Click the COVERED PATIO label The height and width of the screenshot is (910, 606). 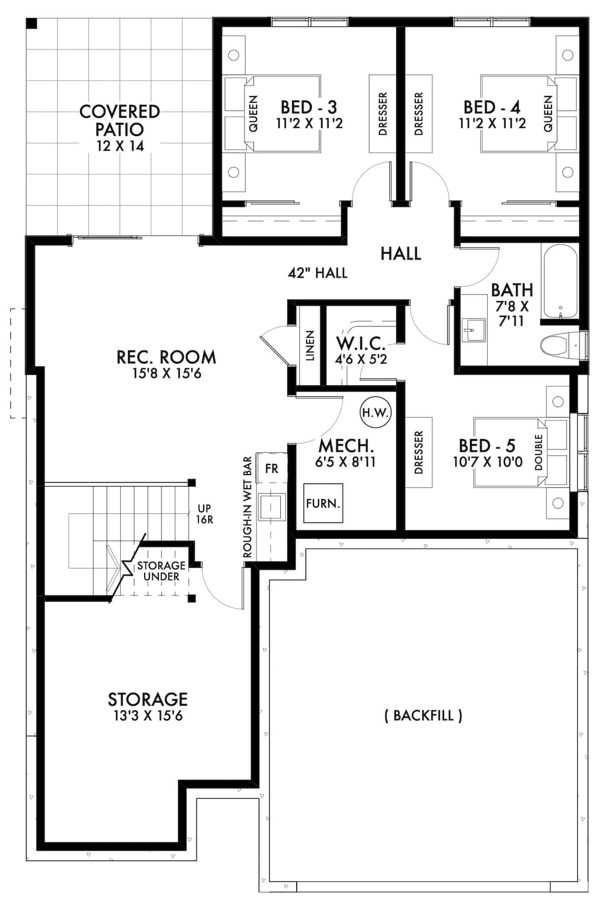pos(120,120)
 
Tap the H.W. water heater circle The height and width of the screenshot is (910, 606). pos(375,413)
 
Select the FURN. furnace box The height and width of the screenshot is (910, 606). pos(323,503)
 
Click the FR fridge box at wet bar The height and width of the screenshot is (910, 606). pos(272,468)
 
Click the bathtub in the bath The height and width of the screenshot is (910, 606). pos(560,280)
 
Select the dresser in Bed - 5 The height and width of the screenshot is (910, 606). pos(419,452)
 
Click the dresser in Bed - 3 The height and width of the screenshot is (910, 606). pos(382,113)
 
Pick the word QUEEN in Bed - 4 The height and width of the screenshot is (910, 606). pos(548,113)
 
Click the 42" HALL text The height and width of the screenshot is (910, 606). pos(318,273)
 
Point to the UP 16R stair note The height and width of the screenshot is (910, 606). pos(204,514)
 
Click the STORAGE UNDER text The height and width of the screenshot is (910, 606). pos(161,571)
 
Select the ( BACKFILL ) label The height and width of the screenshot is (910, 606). pos(423,715)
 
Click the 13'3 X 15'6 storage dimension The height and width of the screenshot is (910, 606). pos(148,716)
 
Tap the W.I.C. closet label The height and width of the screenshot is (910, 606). pos(361,343)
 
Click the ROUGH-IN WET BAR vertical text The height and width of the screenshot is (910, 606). pos(248,508)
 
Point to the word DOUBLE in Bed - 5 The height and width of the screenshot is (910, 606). pos(539,452)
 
